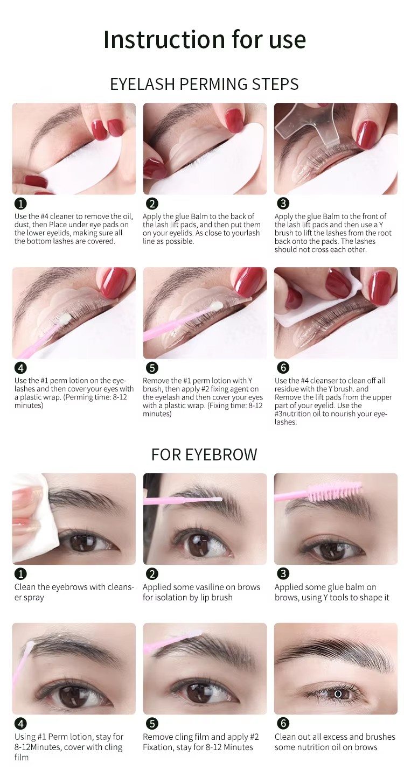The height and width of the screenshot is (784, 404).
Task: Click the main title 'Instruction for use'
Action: pyautogui.click(x=204, y=39)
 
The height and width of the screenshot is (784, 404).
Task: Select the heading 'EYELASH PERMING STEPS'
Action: pyautogui.click(x=204, y=85)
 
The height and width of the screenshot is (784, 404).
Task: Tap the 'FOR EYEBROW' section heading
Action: pyautogui.click(x=204, y=454)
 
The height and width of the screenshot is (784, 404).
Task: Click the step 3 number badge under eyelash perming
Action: pyautogui.click(x=283, y=204)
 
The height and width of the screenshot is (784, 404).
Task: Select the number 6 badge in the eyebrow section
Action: pyautogui.click(x=283, y=723)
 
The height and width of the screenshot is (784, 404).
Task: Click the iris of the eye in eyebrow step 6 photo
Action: pyautogui.click(x=338, y=694)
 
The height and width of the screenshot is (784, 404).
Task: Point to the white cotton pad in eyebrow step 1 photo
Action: pyautogui.click(x=30, y=522)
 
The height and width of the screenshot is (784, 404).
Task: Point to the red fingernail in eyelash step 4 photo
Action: pyautogui.click(x=114, y=282)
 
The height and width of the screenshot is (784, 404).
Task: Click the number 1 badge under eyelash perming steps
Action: pyautogui.click(x=20, y=204)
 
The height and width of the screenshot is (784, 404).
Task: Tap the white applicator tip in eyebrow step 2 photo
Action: pyautogui.click(x=218, y=499)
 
